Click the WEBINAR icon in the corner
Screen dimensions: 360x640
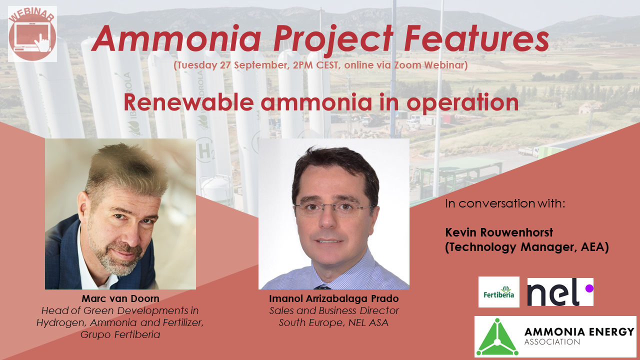click(x=32, y=33)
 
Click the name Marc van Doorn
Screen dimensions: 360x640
click(x=120, y=299)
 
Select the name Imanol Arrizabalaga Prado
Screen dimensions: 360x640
click(x=334, y=299)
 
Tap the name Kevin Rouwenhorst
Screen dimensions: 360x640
click(x=499, y=232)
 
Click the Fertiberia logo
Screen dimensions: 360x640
click(x=498, y=292)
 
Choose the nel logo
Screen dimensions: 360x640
click(x=560, y=292)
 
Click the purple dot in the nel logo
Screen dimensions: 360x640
click(x=588, y=288)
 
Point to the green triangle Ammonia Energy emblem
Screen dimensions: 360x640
click(x=496, y=336)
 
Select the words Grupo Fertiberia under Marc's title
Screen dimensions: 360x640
click(x=120, y=334)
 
